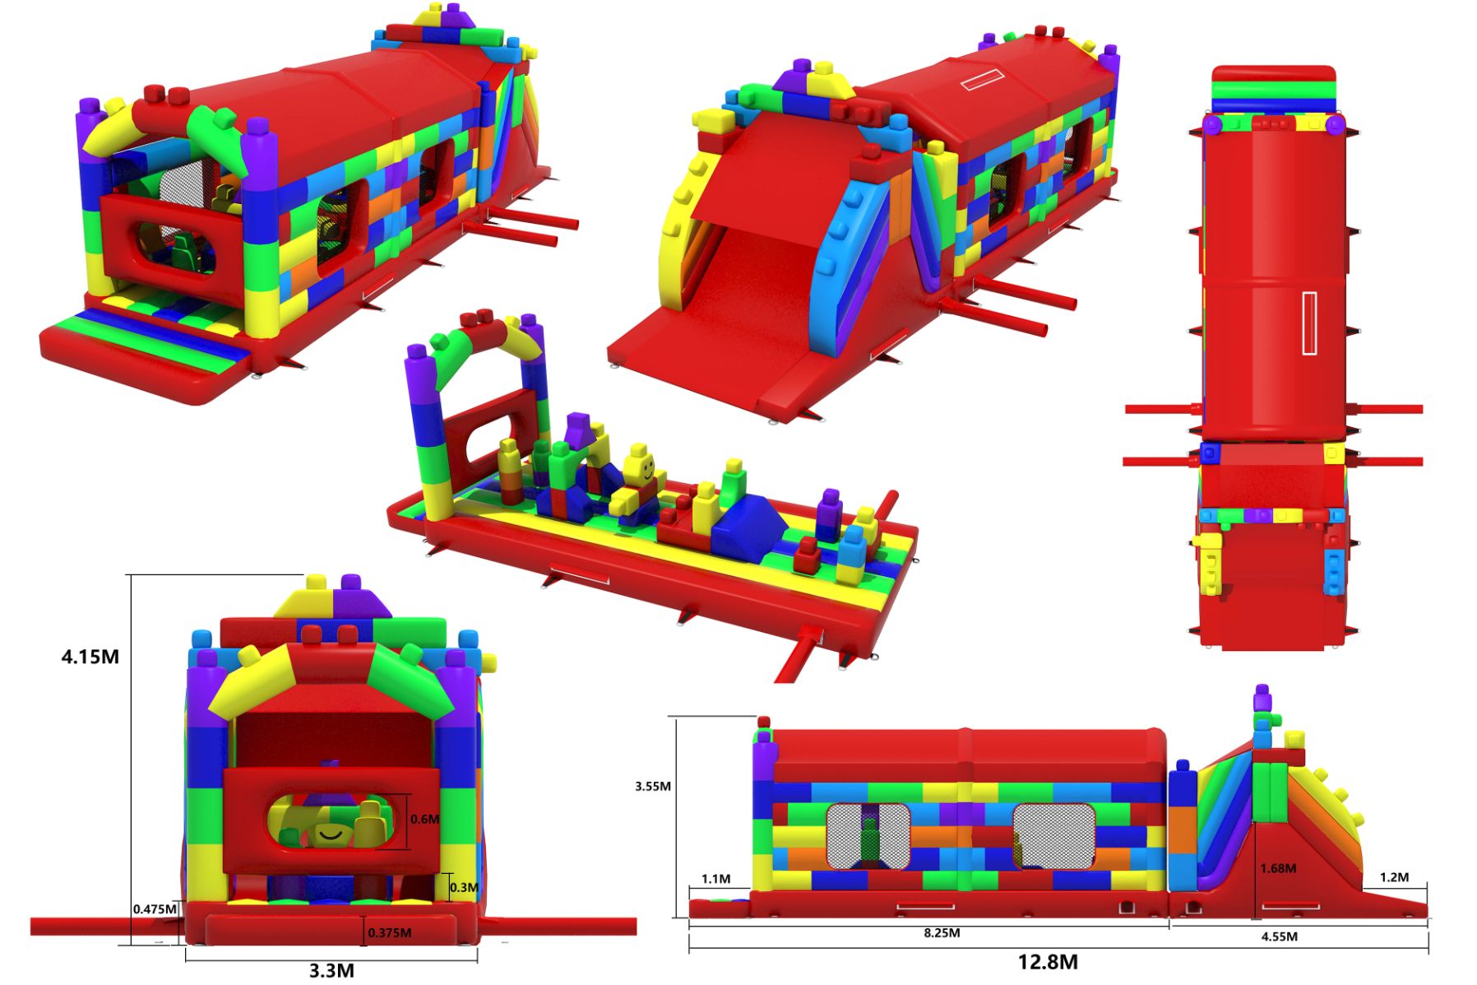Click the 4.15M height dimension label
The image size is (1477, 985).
pos(90,657)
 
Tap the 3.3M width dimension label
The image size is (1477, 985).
pos(331,971)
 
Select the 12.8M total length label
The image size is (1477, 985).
pos(1048,962)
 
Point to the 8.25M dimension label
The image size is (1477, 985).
pos(942,933)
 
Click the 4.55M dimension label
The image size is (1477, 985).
pos(1280,936)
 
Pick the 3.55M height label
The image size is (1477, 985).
pos(652,787)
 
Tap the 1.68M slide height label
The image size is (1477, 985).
pos(1278,868)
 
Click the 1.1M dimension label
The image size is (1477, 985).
pos(715,879)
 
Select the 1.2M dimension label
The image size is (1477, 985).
pos(1394,877)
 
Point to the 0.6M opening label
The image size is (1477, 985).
pos(424,819)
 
